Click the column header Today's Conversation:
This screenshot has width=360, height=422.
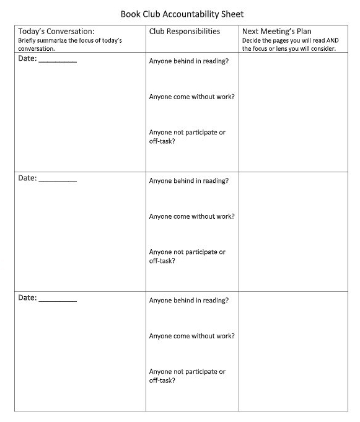pos(56,31)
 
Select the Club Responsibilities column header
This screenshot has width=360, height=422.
pos(185,31)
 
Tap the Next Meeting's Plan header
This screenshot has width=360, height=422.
pos(277,31)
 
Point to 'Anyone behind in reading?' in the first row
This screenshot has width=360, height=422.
pos(189,61)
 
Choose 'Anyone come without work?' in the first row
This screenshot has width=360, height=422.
pos(192,97)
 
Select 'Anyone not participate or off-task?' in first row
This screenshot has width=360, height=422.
pos(187,136)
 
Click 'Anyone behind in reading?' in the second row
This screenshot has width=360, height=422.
pos(189,181)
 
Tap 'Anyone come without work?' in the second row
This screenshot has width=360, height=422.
pos(192,216)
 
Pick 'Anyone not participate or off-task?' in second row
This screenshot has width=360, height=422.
pos(187,256)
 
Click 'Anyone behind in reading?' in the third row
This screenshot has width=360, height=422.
pos(189,301)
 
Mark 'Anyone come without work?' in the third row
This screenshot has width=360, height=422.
pos(192,336)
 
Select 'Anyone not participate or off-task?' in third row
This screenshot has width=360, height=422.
pos(187,376)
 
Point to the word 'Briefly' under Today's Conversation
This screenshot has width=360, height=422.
pos(28,41)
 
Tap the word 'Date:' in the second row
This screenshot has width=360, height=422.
pos(27,178)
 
